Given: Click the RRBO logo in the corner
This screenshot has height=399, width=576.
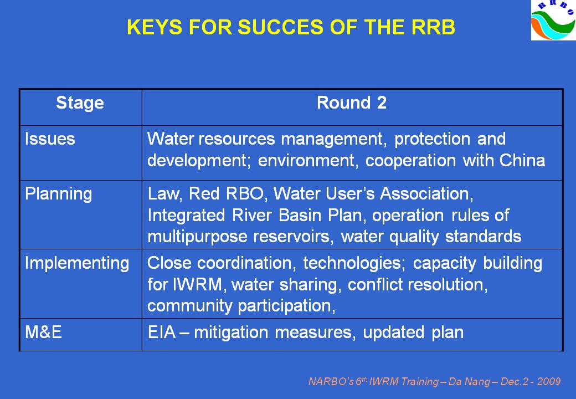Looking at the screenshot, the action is coord(553,20).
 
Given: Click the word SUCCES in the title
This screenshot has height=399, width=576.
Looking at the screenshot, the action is coord(281,27).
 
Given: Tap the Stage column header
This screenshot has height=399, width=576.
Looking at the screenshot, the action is coord(80,103).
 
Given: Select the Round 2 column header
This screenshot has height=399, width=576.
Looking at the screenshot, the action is coord(352,103).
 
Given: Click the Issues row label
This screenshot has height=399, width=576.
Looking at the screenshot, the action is coord(50,139).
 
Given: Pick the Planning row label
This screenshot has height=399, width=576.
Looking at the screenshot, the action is coord(58,194).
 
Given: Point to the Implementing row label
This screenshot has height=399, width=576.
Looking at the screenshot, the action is coord(77,263).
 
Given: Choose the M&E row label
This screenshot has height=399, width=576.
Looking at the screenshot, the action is coord(43,332).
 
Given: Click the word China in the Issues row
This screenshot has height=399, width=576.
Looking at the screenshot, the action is coord(522,160).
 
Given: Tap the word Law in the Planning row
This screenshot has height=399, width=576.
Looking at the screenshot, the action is coord(164,193).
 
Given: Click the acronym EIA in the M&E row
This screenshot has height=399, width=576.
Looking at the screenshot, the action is coord(162,332).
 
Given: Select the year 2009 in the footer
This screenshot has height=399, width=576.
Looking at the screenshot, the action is coord(549,381).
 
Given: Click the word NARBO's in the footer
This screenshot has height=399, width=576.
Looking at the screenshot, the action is coord(331,381).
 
